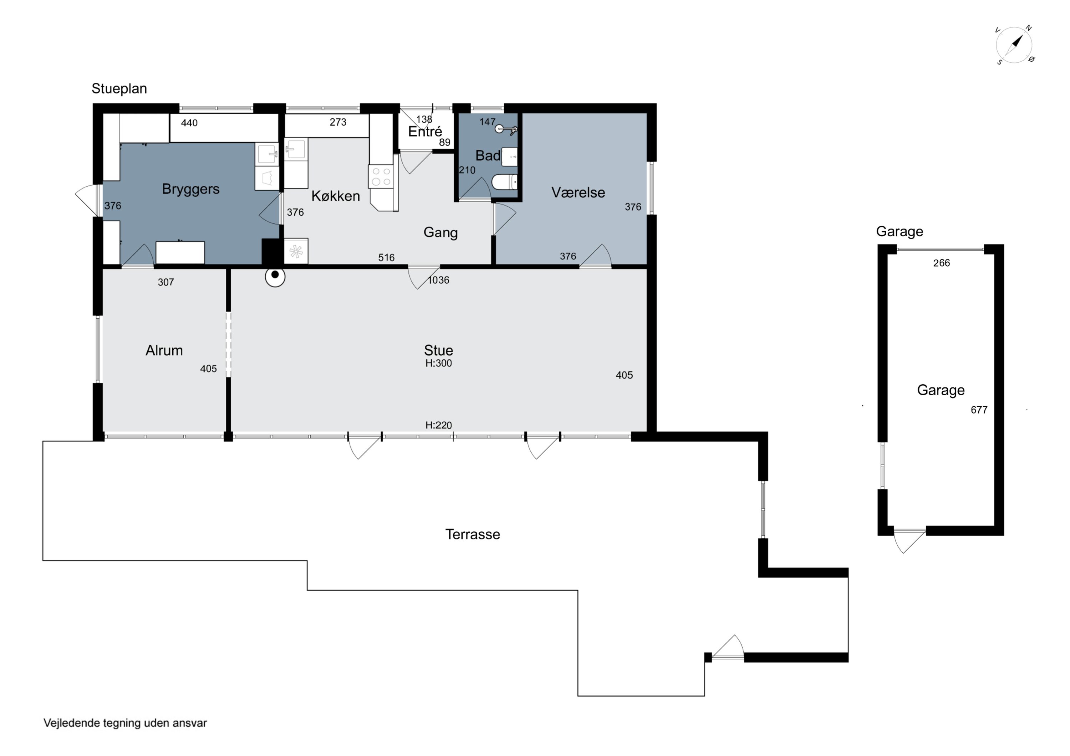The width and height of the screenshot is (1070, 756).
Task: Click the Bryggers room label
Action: [190, 189]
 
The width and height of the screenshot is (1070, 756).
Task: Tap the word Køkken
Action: [336, 196]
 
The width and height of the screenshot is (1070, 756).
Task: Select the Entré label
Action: [425, 132]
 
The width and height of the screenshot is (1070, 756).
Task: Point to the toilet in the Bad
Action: [505, 182]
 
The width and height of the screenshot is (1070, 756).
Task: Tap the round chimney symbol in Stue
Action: [275, 277]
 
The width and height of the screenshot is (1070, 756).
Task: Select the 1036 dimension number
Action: [439, 280]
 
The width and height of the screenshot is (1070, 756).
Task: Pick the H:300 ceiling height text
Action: [439, 363]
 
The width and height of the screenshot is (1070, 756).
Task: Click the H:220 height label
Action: [439, 425]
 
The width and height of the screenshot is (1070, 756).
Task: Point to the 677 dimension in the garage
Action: [979, 410]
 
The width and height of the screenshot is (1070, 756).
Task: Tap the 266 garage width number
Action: [941, 263]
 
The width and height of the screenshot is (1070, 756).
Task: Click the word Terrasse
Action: [473, 534]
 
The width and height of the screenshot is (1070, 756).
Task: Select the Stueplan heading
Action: [119, 88]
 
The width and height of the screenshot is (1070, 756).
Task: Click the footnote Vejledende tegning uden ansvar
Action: [125, 723]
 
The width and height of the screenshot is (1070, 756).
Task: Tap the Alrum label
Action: [164, 350]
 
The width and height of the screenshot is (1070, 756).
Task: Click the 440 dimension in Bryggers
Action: [189, 123]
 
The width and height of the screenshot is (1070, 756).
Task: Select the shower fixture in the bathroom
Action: [506, 129]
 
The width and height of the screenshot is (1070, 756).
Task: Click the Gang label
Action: [440, 232]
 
